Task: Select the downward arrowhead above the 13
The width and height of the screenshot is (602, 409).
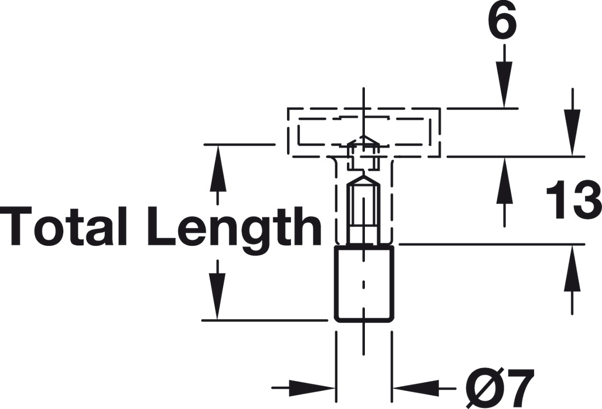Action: click(x=572, y=134)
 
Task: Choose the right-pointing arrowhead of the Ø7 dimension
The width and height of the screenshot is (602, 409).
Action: click(x=314, y=387)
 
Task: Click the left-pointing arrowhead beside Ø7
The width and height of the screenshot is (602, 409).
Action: click(x=415, y=387)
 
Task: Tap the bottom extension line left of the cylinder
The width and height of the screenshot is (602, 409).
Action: click(x=263, y=320)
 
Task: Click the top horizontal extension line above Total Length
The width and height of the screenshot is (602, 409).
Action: click(x=238, y=145)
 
